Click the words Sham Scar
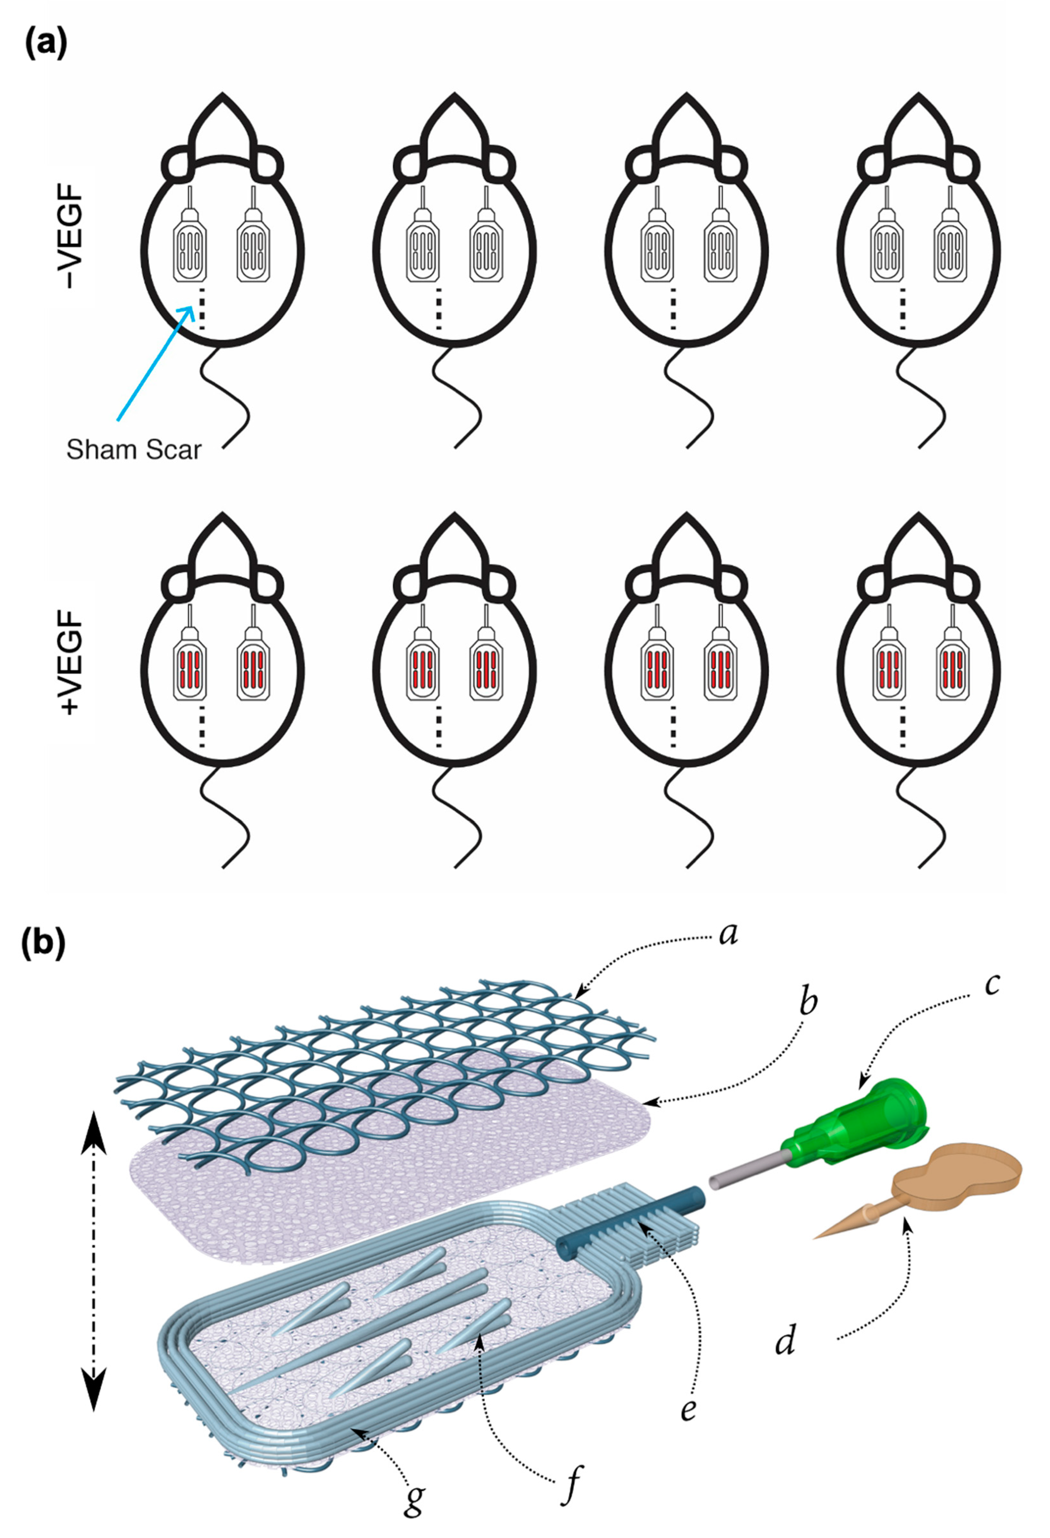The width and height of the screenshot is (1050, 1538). click(134, 450)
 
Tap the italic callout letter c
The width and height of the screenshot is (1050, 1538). click(991, 985)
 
